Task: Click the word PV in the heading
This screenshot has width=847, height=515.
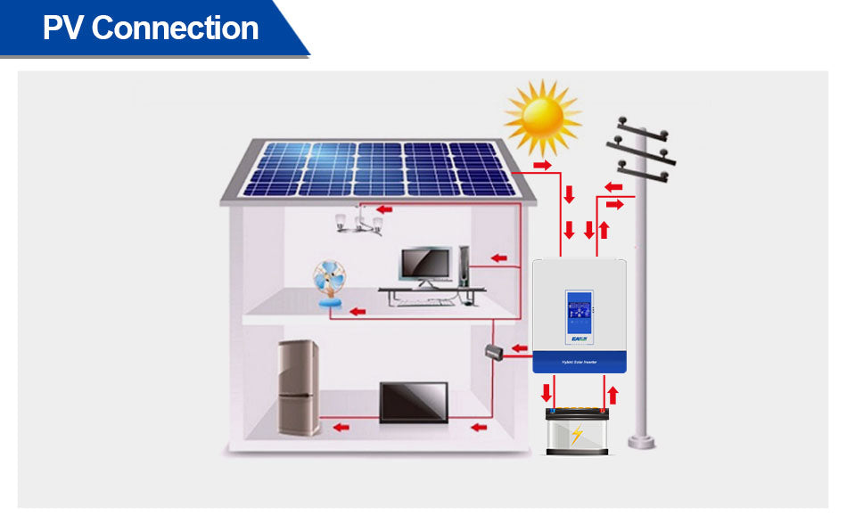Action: click(63, 29)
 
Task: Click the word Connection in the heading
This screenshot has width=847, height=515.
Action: click(175, 29)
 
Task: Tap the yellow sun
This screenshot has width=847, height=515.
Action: click(542, 117)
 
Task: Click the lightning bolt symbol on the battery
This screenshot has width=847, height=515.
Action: click(577, 435)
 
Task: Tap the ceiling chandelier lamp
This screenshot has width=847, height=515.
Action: click(359, 221)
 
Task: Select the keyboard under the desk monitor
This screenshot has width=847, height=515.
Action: click(426, 301)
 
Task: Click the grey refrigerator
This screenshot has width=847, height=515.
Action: click(299, 387)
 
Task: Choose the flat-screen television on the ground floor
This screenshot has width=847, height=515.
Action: click(414, 403)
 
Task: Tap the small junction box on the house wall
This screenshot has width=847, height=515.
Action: click(496, 353)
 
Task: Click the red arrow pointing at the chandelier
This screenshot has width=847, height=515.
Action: click(384, 209)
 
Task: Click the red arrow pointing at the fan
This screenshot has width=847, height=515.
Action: click(358, 311)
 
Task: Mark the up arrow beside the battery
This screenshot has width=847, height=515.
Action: click(612, 393)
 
